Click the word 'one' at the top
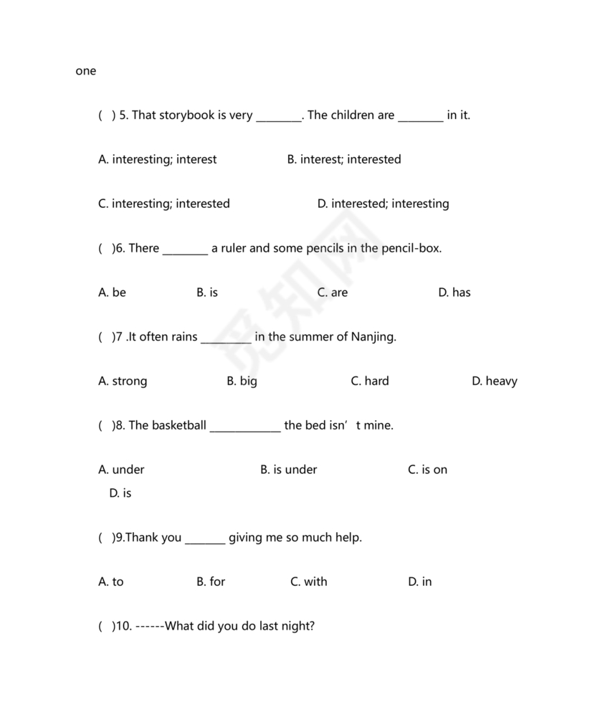(x=85, y=71)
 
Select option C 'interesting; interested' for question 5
(x=163, y=204)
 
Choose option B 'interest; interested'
(x=344, y=159)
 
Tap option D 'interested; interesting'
(x=383, y=204)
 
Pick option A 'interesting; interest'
(x=157, y=159)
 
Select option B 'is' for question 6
(x=207, y=293)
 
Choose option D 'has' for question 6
(x=454, y=293)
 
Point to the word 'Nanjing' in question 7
(x=372, y=337)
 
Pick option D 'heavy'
(x=494, y=381)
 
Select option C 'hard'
(x=370, y=381)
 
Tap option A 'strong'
(x=123, y=381)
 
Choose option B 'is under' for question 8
(x=288, y=470)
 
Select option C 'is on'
(x=427, y=470)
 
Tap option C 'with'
(x=308, y=582)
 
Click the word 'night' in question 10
(x=296, y=626)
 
